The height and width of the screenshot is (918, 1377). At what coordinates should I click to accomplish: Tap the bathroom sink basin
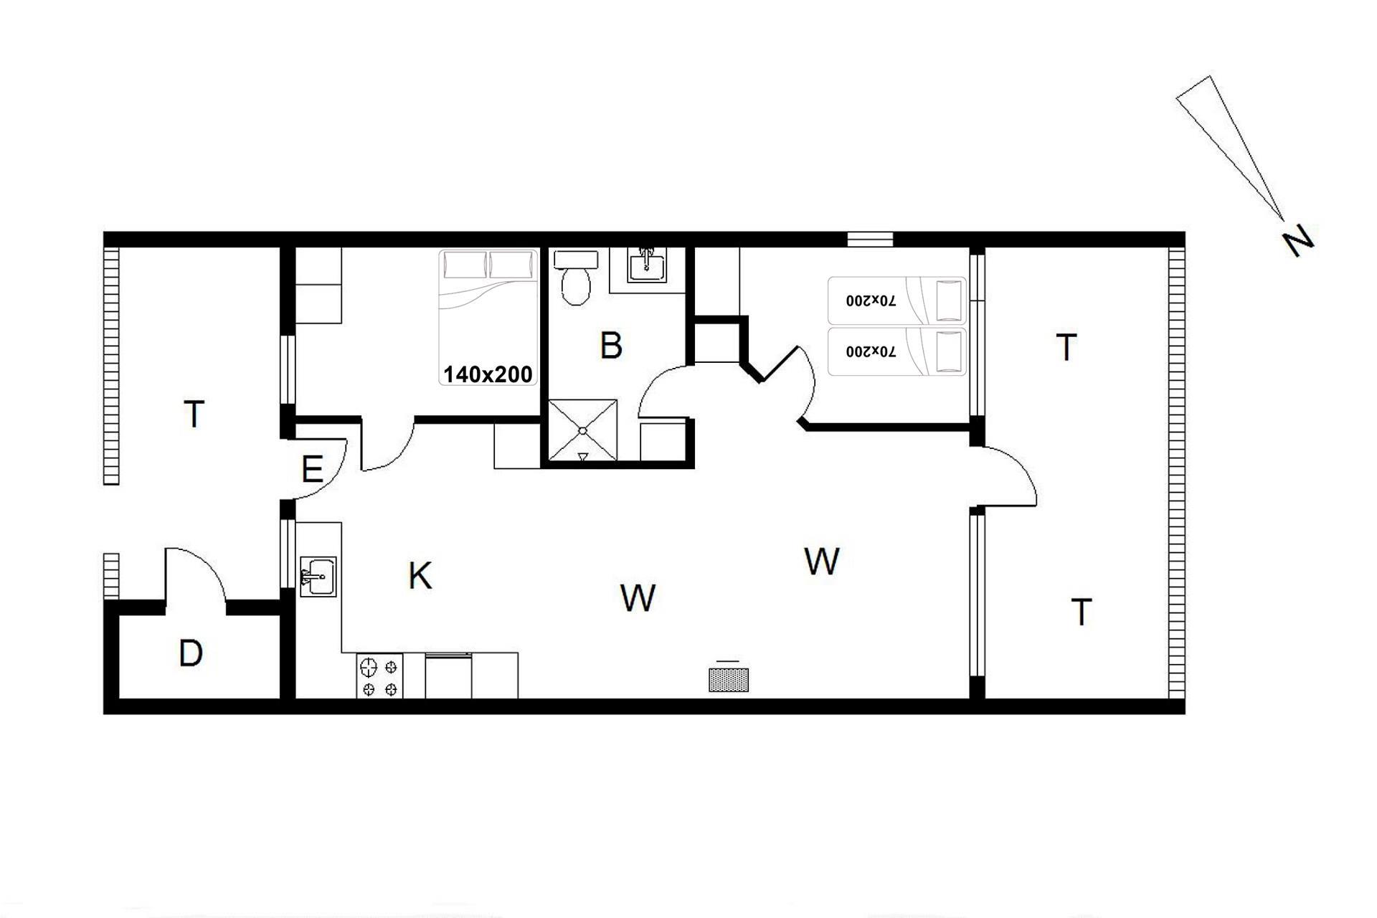pyautogui.click(x=647, y=265)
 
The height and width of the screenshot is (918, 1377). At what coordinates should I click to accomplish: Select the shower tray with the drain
pyautogui.click(x=582, y=430)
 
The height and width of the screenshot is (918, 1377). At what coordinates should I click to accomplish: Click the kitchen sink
pyautogui.click(x=318, y=576)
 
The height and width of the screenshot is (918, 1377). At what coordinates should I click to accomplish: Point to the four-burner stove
pyautogui.click(x=379, y=676)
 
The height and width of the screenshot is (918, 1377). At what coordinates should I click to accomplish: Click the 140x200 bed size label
pyautogui.click(x=488, y=374)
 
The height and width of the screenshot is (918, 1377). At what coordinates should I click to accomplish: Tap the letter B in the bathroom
pyautogui.click(x=610, y=345)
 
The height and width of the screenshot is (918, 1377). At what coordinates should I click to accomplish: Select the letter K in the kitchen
pyautogui.click(x=420, y=575)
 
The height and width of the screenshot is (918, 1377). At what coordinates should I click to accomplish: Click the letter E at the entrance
pyautogui.click(x=312, y=470)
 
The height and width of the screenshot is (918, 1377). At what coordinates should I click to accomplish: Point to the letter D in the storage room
pyautogui.click(x=191, y=653)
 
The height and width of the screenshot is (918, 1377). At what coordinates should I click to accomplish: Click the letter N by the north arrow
pyautogui.click(x=1298, y=241)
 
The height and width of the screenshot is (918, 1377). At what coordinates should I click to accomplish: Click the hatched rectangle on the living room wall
pyautogui.click(x=728, y=679)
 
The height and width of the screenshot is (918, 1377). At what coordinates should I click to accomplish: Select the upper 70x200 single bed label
pyautogui.click(x=871, y=301)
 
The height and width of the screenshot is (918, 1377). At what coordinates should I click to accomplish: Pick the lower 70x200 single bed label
pyautogui.click(x=871, y=351)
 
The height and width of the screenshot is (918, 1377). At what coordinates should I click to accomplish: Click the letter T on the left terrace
pyautogui.click(x=194, y=414)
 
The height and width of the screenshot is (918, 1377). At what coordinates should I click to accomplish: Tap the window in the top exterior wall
pyautogui.click(x=870, y=240)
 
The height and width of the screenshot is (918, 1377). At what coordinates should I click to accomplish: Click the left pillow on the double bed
pyautogui.click(x=465, y=265)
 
